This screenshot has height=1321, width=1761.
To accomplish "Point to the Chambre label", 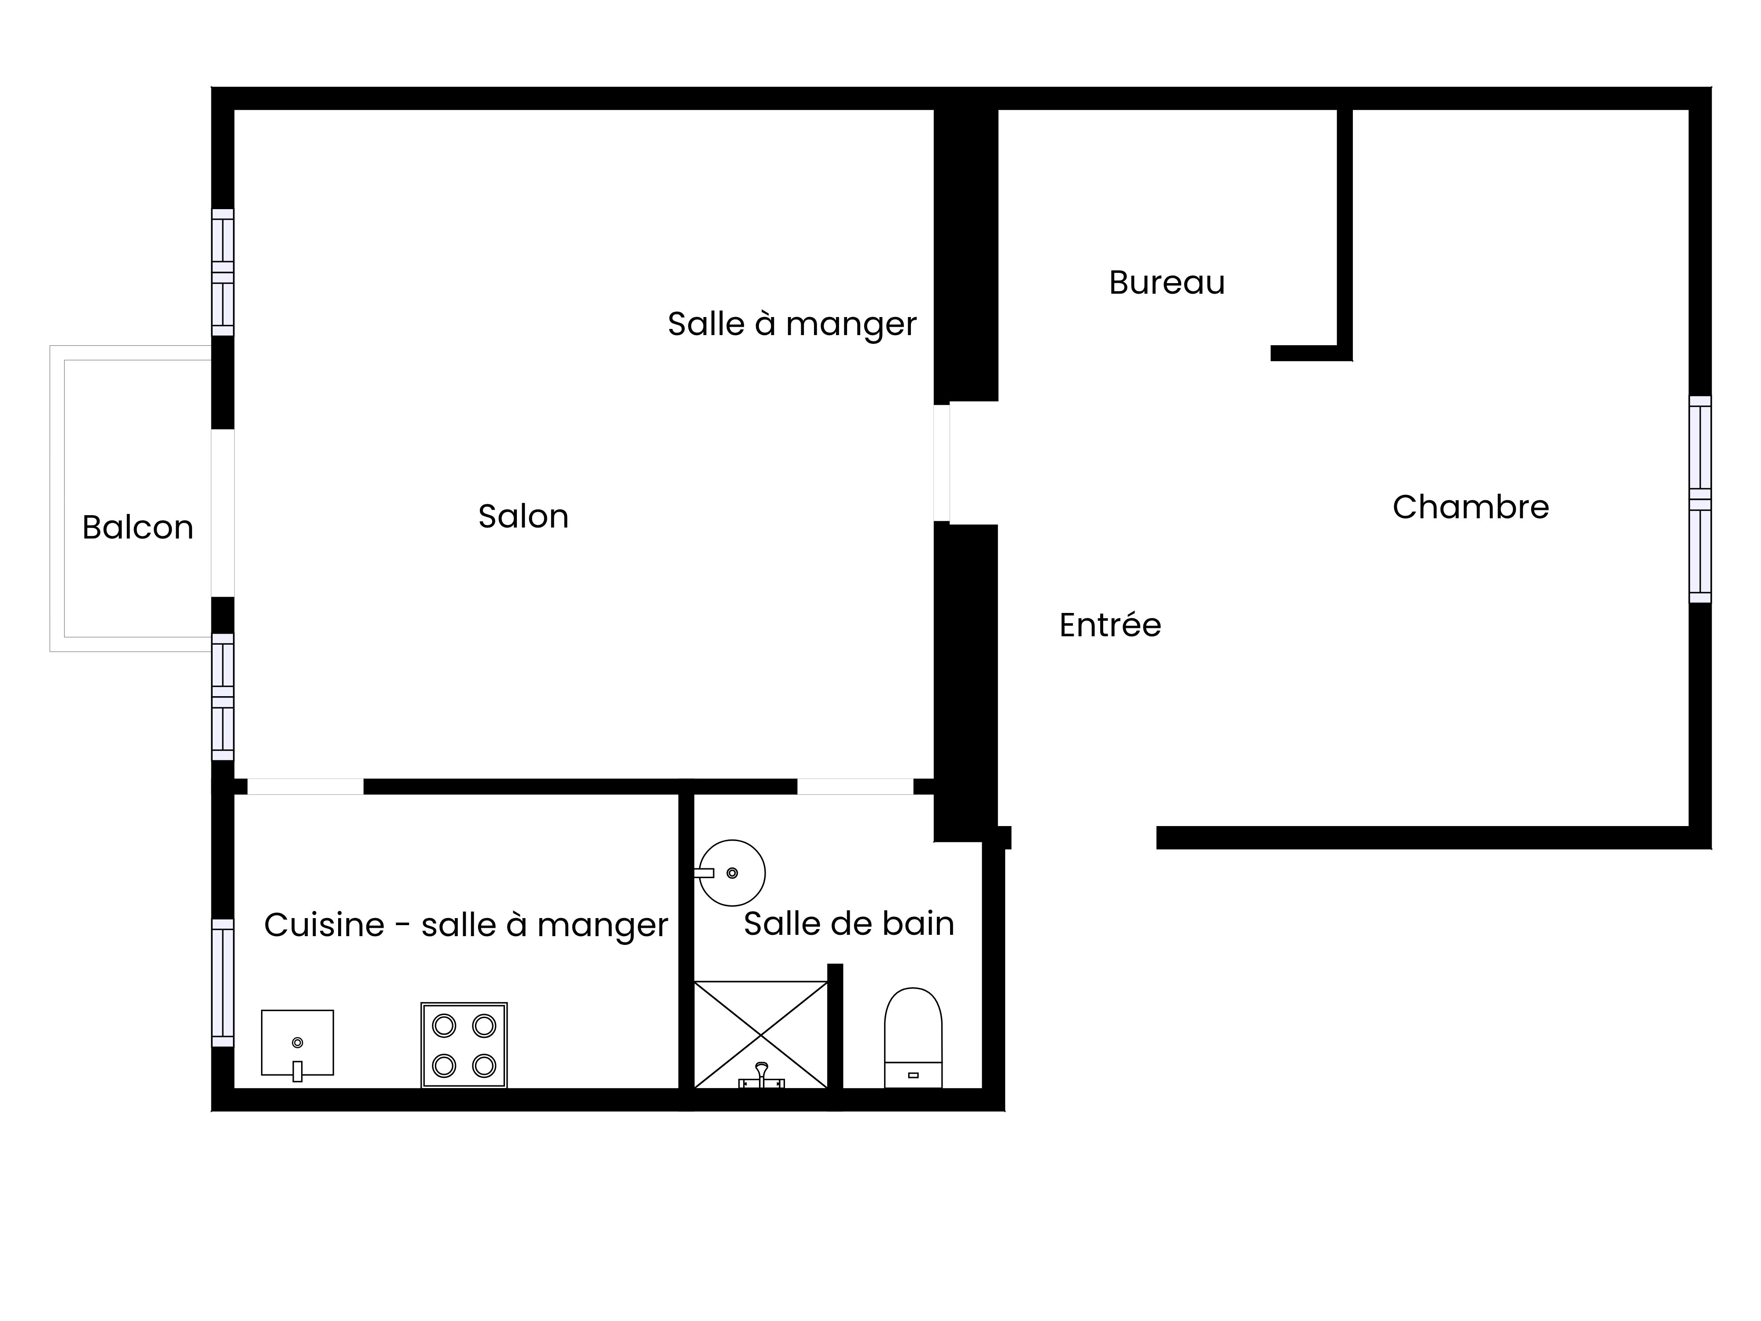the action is pos(1470,507).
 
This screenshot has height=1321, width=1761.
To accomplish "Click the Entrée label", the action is pos(1110,625).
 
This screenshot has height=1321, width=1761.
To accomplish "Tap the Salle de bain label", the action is pos(849,924).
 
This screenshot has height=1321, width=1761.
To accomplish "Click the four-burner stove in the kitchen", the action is pos(464,1045).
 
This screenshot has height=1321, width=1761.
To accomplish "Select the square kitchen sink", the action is pos(297,1043).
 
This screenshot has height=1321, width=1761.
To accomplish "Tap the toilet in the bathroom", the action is pos(913,1037).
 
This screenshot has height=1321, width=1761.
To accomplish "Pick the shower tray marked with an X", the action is pos(761,1034).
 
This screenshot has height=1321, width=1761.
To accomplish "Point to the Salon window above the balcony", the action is pos(223,272).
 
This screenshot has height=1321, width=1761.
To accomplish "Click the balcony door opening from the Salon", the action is pos(223,513).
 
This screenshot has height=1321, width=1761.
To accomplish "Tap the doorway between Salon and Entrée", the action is pos(942,463).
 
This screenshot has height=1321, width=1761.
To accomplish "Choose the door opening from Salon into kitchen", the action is pos(306,787).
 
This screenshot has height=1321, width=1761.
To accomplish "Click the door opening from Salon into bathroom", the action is pos(855,787).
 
